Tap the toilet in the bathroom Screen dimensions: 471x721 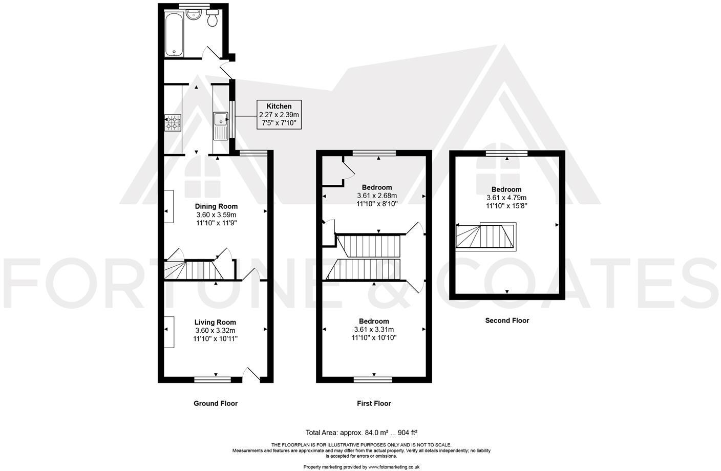point(213,19)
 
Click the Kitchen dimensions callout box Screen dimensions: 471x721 point(279,115)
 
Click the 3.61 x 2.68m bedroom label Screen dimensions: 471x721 point(377,195)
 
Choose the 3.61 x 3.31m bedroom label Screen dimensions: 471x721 point(374,329)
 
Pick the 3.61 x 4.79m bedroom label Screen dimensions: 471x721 point(506,198)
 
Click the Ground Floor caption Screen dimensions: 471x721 point(215,403)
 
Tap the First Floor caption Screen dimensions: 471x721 point(374,403)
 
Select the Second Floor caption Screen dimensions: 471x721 point(507,320)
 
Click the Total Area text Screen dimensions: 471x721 point(363,432)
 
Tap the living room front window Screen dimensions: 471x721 point(213,380)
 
